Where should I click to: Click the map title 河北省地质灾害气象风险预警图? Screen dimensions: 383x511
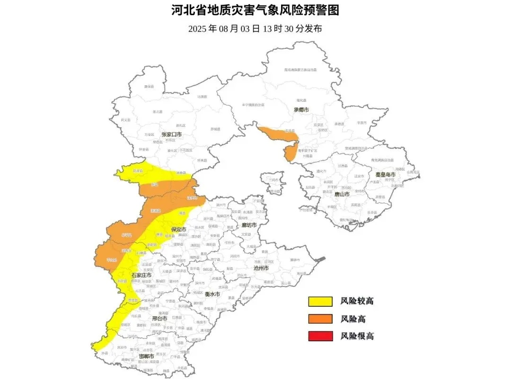click(x=255, y=10)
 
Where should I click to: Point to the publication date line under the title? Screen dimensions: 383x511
click(x=255, y=28)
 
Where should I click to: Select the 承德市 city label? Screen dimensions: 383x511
click(x=301, y=110)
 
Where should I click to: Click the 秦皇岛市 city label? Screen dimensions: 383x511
click(x=385, y=175)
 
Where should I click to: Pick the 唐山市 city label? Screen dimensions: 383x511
click(x=341, y=194)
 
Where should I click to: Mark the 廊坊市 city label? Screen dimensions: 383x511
click(x=248, y=225)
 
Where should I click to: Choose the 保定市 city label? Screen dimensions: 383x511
click(x=178, y=230)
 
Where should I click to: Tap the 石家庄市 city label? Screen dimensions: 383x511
click(x=141, y=275)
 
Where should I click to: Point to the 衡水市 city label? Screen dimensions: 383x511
click(x=211, y=294)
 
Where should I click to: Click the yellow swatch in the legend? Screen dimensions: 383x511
click(x=321, y=301)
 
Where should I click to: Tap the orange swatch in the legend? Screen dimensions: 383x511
click(x=321, y=319)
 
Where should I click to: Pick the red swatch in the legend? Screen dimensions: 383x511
click(x=321, y=336)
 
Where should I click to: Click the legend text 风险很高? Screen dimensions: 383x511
click(x=357, y=336)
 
